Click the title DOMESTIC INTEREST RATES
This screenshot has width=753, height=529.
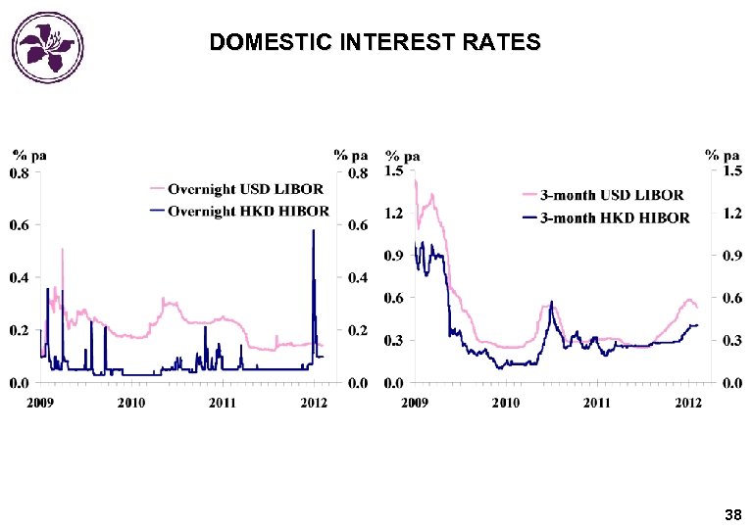click(375, 43)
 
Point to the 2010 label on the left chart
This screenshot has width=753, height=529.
click(131, 403)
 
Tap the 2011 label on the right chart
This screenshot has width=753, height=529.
click(596, 403)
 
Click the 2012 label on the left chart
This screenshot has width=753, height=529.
click(314, 403)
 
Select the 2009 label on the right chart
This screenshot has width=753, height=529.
click(415, 403)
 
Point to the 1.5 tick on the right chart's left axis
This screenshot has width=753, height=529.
click(393, 170)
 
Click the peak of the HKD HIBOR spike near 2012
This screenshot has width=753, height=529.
click(313, 230)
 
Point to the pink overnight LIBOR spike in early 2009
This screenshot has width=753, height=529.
click(63, 250)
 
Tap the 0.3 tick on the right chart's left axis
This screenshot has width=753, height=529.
click(393, 340)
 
